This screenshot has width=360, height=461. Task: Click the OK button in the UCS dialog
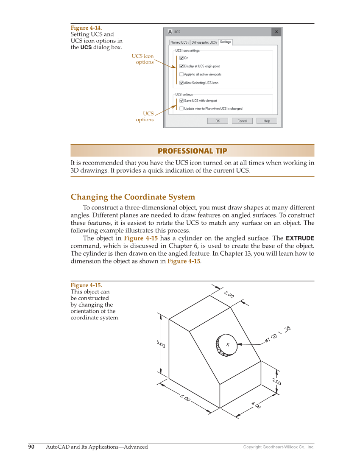point(218,121)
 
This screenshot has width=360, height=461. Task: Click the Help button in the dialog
point(267,121)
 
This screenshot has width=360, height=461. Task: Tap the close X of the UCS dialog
point(276,32)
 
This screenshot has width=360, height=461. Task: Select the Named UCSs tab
point(179,42)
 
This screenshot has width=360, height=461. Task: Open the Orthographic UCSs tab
point(204,42)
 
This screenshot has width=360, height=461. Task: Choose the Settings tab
point(226,42)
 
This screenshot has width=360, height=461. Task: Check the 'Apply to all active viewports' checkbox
point(181,75)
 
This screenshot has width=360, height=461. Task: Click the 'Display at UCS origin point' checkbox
point(181,66)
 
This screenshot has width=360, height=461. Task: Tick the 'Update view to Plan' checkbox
point(181,109)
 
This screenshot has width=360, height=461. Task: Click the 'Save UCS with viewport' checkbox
point(181,101)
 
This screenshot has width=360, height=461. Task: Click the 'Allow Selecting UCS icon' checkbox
point(181,83)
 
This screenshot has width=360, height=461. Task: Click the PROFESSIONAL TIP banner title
point(192,151)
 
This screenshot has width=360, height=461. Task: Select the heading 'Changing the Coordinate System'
point(133,197)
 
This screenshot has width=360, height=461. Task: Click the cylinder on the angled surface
point(226,344)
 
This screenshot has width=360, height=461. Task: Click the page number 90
point(31,447)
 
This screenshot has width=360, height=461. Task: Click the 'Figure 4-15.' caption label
point(86,285)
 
